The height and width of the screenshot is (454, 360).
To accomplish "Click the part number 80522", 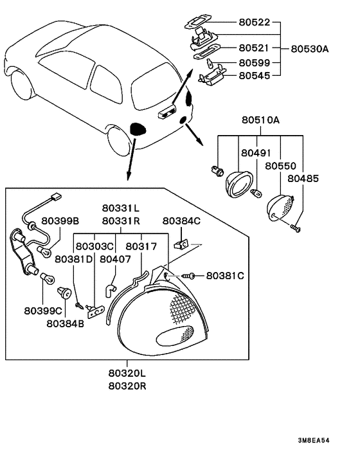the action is (x=254, y=23).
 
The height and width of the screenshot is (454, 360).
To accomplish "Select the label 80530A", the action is (x=310, y=49).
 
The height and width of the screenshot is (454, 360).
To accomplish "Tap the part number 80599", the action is (x=254, y=62).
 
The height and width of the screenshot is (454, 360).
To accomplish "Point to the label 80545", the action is (x=254, y=76).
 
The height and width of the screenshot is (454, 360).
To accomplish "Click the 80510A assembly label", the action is (x=260, y=120).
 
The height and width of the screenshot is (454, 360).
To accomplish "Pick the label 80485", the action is (x=303, y=179).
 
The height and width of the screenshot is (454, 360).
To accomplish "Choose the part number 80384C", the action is (x=181, y=221).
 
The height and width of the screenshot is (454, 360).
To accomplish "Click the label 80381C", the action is (x=225, y=276).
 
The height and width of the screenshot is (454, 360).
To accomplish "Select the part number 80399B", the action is (x=60, y=221).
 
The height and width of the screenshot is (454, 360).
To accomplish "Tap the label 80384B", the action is (x=65, y=323).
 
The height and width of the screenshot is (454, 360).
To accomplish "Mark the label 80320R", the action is (x=127, y=386).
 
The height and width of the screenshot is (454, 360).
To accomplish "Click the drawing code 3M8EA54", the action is (x=314, y=440).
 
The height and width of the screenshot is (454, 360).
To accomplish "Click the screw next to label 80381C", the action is (x=188, y=276).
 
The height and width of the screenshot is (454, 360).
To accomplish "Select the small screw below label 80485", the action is (x=296, y=229).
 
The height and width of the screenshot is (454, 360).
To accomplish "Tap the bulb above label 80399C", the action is (x=47, y=278).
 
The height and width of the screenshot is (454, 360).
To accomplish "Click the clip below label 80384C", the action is (x=181, y=244).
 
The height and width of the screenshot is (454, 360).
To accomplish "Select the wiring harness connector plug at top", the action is (x=56, y=197).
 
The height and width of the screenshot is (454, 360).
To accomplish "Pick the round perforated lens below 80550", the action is (x=280, y=207).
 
